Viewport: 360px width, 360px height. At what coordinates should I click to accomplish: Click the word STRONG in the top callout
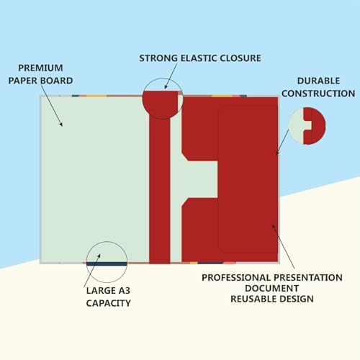tap(158, 58)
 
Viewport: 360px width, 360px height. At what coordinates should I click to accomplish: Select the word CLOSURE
tap(240, 58)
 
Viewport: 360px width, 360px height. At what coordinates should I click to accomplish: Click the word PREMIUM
tap(40, 68)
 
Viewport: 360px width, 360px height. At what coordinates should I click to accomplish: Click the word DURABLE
tap(318, 81)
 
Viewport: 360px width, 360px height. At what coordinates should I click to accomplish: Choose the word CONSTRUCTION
tap(318, 94)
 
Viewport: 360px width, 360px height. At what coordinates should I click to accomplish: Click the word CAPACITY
tap(109, 303)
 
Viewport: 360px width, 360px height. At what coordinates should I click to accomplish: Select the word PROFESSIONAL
tap(236, 278)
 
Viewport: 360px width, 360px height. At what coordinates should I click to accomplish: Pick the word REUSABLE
tap(252, 299)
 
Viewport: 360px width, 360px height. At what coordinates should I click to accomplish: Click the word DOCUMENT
tap(272, 288)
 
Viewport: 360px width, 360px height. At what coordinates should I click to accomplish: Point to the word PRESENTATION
tap(308, 278)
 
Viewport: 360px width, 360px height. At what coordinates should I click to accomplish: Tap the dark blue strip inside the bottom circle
tap(107, 264)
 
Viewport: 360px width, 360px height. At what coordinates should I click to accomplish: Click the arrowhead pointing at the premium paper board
tap(61, 124)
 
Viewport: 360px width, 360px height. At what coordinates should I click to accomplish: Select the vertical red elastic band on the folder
tap(160, 189)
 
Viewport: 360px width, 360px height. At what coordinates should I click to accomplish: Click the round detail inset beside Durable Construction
tap(307, 126)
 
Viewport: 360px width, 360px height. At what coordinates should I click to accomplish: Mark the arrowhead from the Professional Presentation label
tap(274, 226)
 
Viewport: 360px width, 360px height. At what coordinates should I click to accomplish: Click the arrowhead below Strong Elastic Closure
tap(166, 86)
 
